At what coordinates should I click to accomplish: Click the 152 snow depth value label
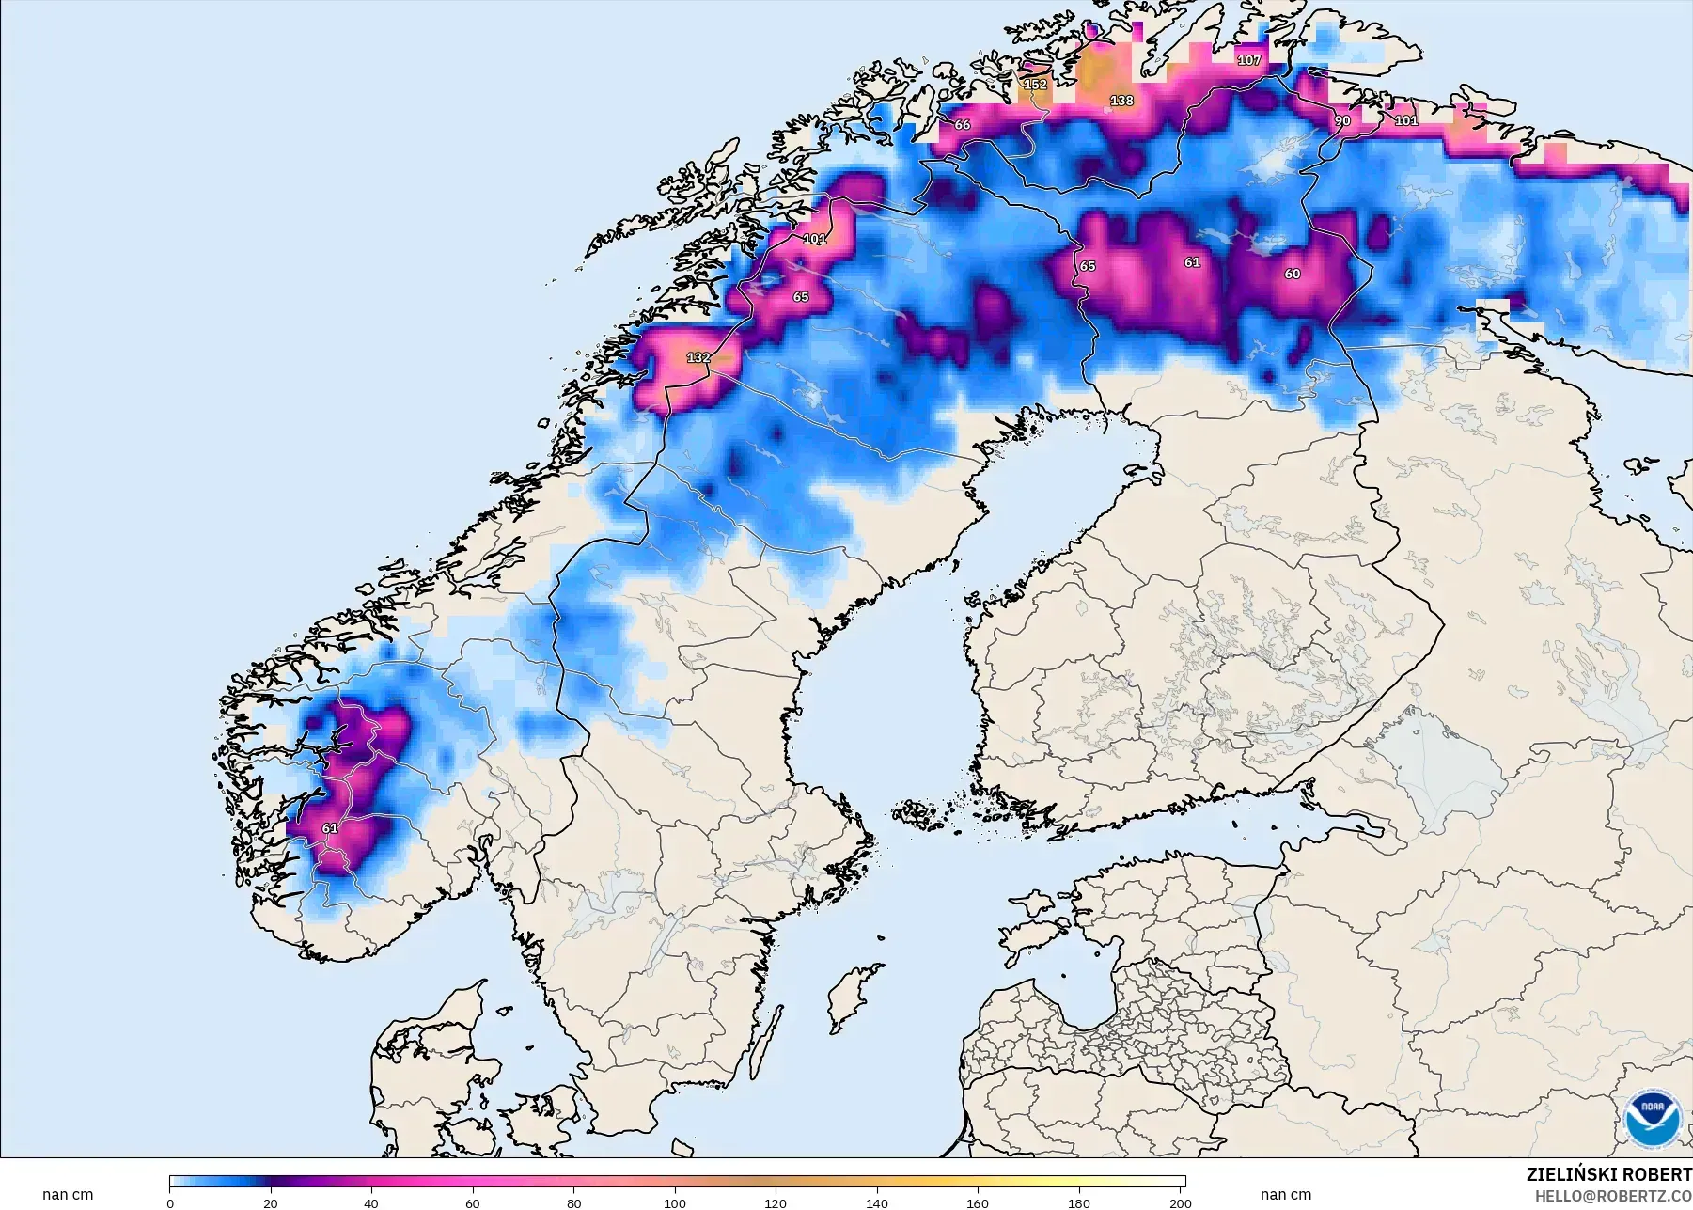pyautogui.click(x=1035, y=85)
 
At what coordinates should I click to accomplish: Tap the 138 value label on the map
pyautogui.click(x=1121, y=101)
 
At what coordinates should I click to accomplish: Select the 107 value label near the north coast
pyautogui.click(x=1248, y=60)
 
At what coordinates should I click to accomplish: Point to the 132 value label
pyautogui.click(x=698, y=357)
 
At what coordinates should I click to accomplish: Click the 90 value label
pyautogui.click(x=1342, y=120)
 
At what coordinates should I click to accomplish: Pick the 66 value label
pyautogui.click(x=962, y=124)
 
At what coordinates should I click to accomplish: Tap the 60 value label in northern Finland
pyautogui.click(x=1293, y=274)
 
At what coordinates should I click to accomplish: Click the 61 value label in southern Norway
pyautogui.click(x=330, y=828)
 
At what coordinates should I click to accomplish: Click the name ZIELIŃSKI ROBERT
pyautogui.click(x=1608, y=1175)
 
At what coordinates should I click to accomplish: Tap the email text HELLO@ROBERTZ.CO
pyautogui.click(x=1613, y=1196)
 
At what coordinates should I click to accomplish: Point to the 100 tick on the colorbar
pyautogui.click(x=674, y=1202)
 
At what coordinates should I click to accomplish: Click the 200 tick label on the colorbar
pyautogui.click(x=1180, y=1202)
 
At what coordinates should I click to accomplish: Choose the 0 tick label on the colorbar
pyautogui.click(x=170, y=1202)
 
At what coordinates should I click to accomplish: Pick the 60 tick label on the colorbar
pyautogui.click(x=473, y=1202)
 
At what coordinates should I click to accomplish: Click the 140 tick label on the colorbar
pyautogui.click(x=876, y=1202)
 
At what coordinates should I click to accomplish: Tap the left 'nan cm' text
pyautogui.click(x=68, y=1195)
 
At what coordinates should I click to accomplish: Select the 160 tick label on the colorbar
pyautogui.click(x=978, y=1202)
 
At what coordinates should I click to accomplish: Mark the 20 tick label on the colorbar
pyautogui.click(x=271, y=1202)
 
